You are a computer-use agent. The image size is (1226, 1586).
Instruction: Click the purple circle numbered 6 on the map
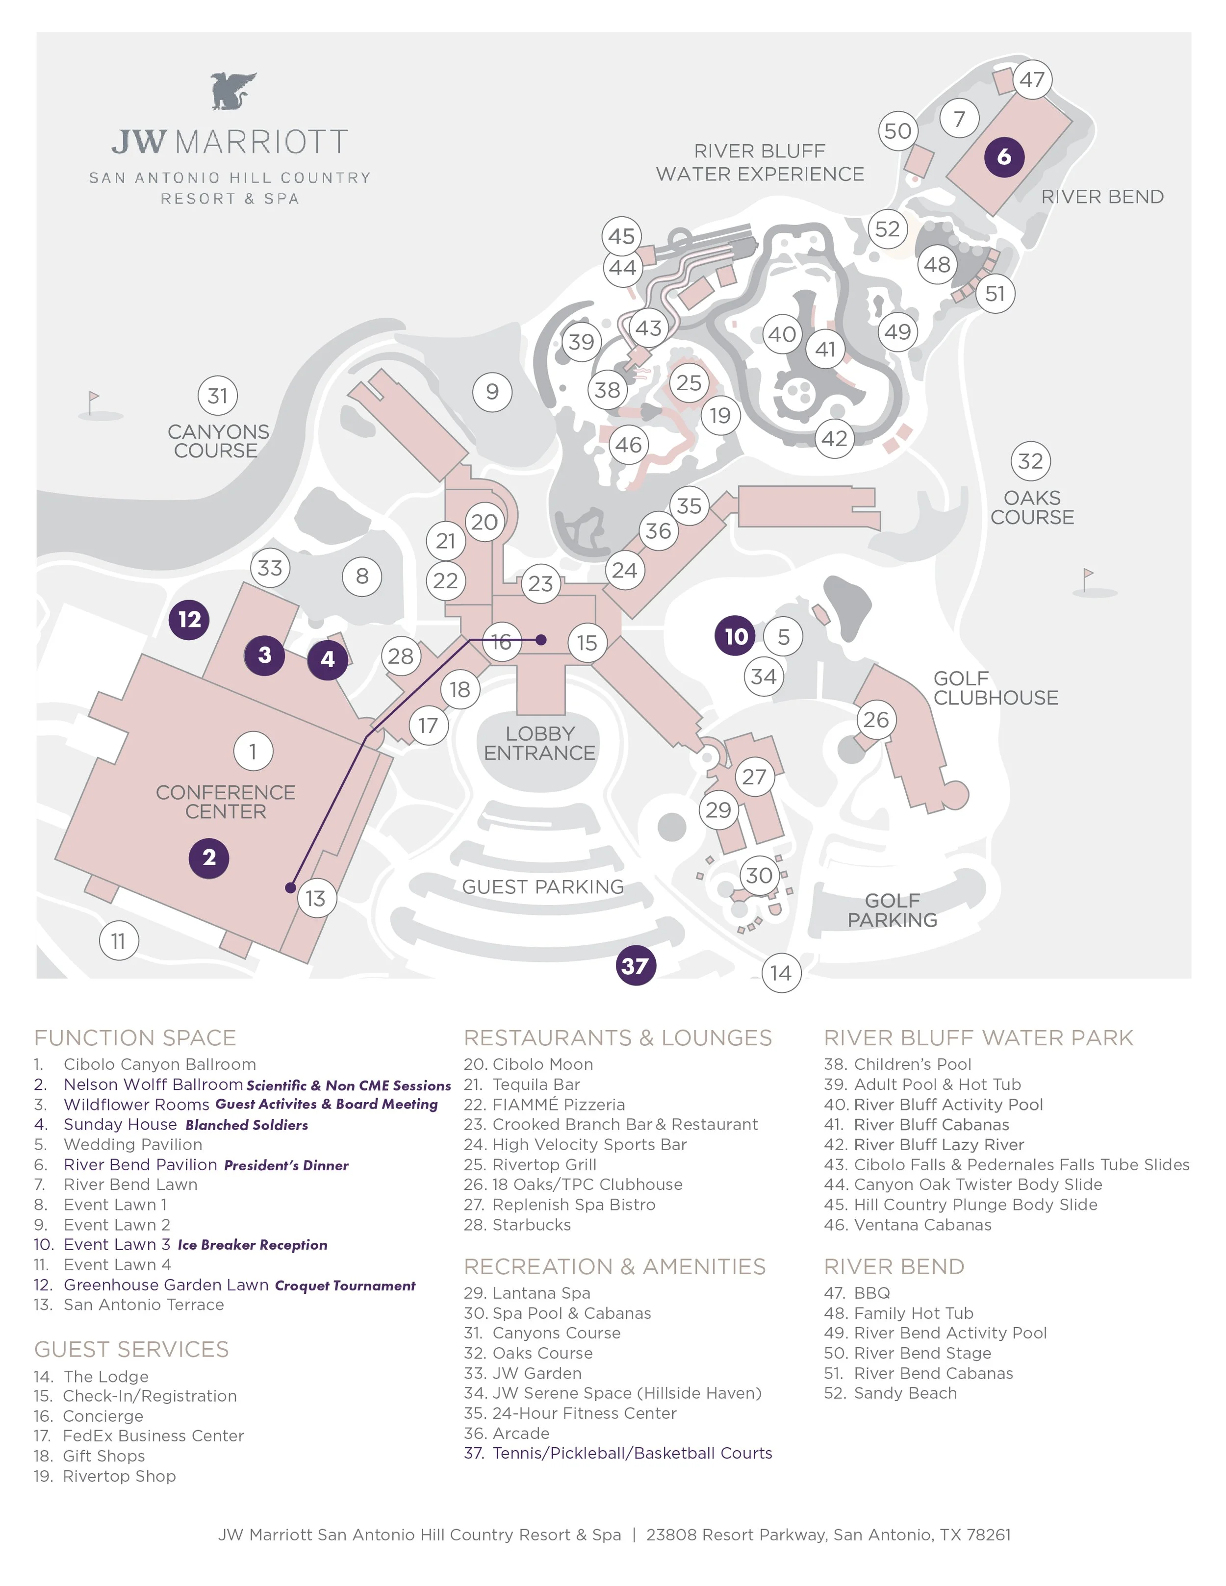coord(1004,156)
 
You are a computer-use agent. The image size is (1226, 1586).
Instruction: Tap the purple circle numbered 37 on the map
coord(636,966)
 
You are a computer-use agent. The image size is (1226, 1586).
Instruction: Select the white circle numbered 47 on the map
coord(1032,79)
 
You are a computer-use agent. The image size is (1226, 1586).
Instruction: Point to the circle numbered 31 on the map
coord(218,396)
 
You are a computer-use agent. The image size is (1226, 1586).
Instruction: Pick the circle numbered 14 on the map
coord(781,973)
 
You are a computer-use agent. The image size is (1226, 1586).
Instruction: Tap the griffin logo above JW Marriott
coord(233,91)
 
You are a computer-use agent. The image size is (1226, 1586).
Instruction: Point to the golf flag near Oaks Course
coord(1087,579)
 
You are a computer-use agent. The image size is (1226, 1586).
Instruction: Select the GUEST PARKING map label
coord(542,887)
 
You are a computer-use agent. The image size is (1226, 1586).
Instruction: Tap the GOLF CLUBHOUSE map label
coord(995,688)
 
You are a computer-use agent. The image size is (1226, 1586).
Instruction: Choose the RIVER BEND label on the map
coord(1102,197)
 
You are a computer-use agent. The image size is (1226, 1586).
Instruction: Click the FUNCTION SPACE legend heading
coord(135,1038)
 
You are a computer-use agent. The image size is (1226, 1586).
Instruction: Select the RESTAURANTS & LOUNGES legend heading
coord(617,1038)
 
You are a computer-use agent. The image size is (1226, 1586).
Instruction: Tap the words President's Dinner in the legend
coord(286,1165)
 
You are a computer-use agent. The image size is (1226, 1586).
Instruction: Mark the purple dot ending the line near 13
coord(290,887)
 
